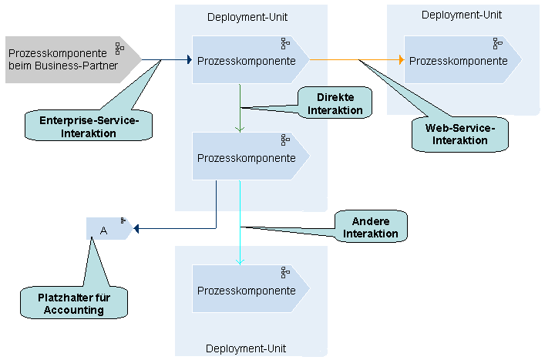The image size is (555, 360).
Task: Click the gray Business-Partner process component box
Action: coord(71,59)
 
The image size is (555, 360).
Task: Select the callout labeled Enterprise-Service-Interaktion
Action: coord(89,126)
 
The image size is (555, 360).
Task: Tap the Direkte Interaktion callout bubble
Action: coord(335,103)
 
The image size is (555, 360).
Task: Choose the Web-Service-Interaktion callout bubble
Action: coord(459,134)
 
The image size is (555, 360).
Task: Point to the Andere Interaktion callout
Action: coord(371,227)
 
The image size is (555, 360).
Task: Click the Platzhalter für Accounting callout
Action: coord(74,303)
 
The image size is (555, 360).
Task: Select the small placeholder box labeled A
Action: coord(109,229)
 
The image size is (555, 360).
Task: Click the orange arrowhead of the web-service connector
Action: coord(402,59)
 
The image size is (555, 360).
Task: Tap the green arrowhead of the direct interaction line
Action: coord(240,130)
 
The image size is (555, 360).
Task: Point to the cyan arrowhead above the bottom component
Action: coord(240,262)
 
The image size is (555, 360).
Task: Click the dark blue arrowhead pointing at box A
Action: coord(136,229)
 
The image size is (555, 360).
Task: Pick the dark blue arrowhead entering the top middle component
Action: coord(190,59)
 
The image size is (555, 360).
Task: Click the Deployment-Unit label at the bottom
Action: coord(246,348)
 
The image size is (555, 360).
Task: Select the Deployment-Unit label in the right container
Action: coord(462,15)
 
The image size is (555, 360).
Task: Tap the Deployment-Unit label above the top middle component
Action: coord(247,17)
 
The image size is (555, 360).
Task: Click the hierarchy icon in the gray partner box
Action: coord(119,49)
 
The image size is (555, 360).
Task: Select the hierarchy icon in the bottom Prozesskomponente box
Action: coord(285,273)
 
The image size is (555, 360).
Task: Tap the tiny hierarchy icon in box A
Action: coord(123,220)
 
